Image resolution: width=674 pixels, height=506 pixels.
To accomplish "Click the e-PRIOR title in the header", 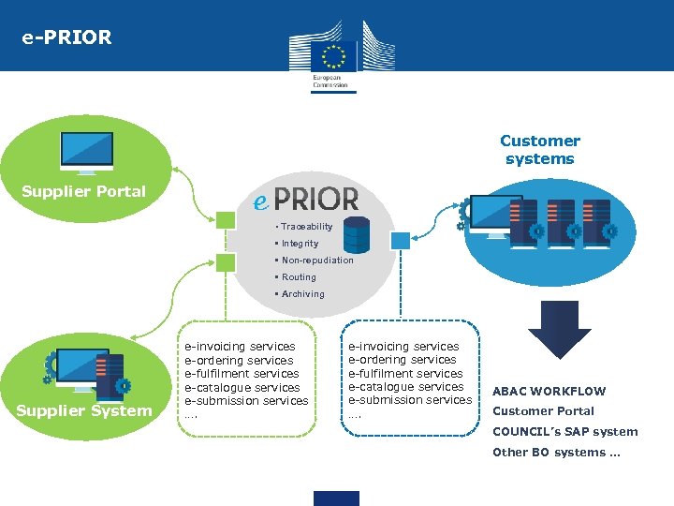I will click(67, 38).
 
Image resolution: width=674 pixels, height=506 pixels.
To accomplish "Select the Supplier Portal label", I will click(83, 191).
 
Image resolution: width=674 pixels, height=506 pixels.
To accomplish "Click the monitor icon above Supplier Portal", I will click(86, 153).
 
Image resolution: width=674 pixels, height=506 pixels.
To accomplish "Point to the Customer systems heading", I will click(539, 150).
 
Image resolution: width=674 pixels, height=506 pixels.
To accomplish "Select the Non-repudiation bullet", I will click(316, 260).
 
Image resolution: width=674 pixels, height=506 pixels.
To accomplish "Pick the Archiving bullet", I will click(302, 294).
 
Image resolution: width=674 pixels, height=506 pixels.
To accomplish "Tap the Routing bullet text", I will click(299, 277).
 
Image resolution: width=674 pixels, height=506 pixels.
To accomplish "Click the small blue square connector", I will click(400, 241).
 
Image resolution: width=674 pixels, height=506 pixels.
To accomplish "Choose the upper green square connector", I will click(227, 220).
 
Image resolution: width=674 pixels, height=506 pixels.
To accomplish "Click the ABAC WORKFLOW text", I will click(549, 392).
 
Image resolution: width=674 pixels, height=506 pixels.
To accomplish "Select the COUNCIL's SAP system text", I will click(564, 432).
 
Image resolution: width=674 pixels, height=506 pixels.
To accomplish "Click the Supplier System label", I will click(83, 411).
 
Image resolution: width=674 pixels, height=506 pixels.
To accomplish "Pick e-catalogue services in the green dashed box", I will click(242, 388).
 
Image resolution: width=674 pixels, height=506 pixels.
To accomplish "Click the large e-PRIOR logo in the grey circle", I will click(307, 199).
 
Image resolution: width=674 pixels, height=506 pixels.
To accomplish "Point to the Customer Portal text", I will click(543, 411).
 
